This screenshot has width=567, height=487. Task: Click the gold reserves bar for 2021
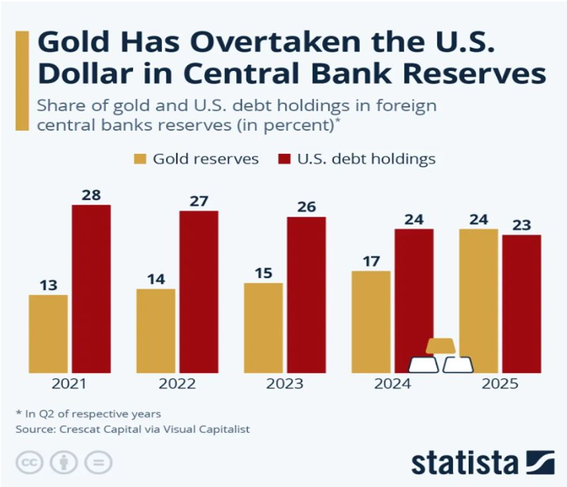(48, 333)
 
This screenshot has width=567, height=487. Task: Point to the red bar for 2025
(522, 303)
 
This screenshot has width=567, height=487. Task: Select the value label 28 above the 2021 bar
(91, 193)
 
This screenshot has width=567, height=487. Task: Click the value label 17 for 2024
(371, 259)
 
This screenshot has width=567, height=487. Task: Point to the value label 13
(48, 283)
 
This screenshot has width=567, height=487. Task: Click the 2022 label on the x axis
(177, 384)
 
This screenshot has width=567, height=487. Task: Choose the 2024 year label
(392, 384)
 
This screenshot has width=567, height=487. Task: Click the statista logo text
(465, 462)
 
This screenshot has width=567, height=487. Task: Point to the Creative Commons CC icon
(28, 461)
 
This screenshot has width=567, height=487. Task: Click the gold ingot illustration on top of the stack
(440, 345)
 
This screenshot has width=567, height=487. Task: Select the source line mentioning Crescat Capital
(132, 429)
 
